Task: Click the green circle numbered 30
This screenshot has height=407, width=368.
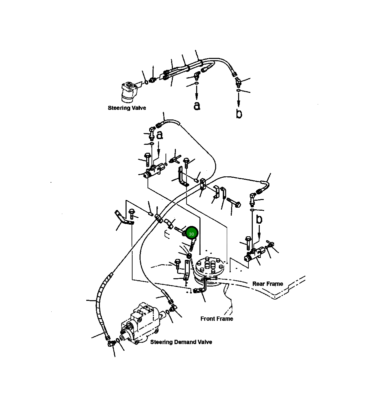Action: [x=191, y=234]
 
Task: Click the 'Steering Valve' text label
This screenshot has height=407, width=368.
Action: [x=127, y=108]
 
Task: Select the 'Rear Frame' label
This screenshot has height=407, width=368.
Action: [x=267, y=284]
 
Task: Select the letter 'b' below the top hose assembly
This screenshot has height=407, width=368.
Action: [x=239, y=113]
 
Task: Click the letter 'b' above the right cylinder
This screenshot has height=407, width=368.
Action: [x=259, y=219]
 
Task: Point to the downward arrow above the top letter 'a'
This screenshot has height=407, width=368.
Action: [x=196, y=92]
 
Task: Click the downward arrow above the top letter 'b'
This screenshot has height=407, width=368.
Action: [x=239, y=100]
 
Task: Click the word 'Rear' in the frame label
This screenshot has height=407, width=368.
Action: [x=258, y=284]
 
